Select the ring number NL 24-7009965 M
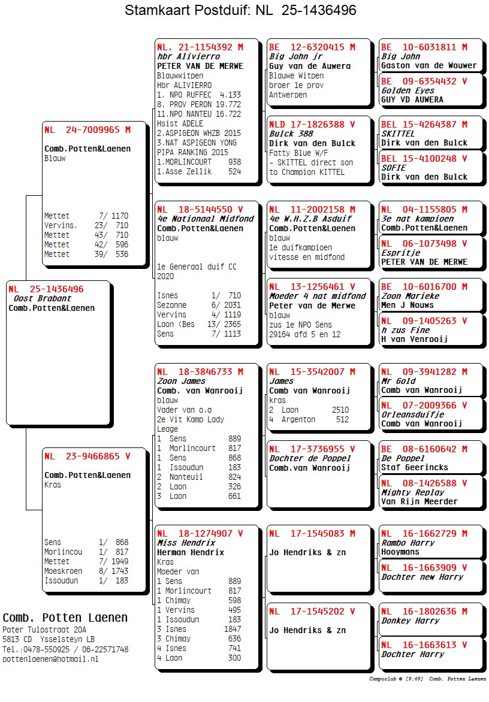[x=87, y=129]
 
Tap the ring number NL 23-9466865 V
[x=87, y=456]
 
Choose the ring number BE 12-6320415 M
[x=312, y=47]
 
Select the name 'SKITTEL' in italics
[x=398, y=134]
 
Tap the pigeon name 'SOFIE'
[x=393, y=168]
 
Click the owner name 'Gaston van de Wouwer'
[x=428, y=66]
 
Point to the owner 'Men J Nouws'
[x=406, y=305]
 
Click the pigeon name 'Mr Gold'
[x=398, y=381]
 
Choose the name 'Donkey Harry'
[x=410, y=621]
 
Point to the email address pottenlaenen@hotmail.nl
[x=50, y=659]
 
